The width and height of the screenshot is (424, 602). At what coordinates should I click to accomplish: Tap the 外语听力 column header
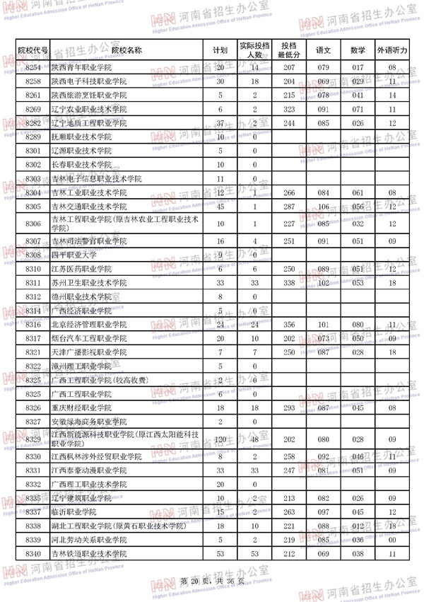391,50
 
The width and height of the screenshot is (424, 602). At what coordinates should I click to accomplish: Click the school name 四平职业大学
74,255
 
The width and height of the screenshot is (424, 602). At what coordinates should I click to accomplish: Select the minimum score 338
288,283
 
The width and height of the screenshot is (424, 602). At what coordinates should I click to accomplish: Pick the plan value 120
220,439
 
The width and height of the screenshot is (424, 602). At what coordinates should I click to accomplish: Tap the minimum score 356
288,325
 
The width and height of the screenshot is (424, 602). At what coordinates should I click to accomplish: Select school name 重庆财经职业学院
82,408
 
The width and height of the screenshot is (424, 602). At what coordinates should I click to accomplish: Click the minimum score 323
288,109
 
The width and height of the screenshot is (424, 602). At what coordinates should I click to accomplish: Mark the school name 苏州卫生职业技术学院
89,283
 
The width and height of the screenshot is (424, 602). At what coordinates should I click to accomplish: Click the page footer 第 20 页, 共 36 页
212,581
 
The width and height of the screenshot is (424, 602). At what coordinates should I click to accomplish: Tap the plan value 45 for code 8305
220,207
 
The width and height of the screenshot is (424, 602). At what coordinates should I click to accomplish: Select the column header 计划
220,50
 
